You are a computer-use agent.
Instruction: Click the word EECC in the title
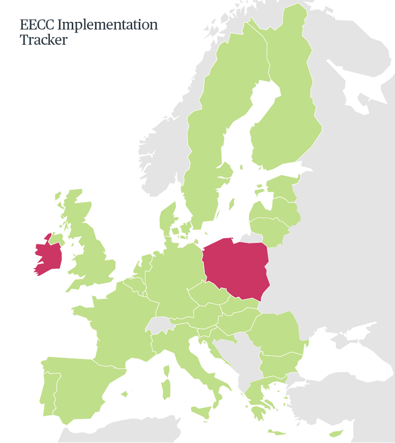(38, 25)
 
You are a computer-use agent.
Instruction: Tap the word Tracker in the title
(43, 40)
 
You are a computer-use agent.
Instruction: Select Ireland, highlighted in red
(49, 257)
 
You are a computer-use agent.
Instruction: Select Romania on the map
(277, 333)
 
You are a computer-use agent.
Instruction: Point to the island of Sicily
(202, 412)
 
